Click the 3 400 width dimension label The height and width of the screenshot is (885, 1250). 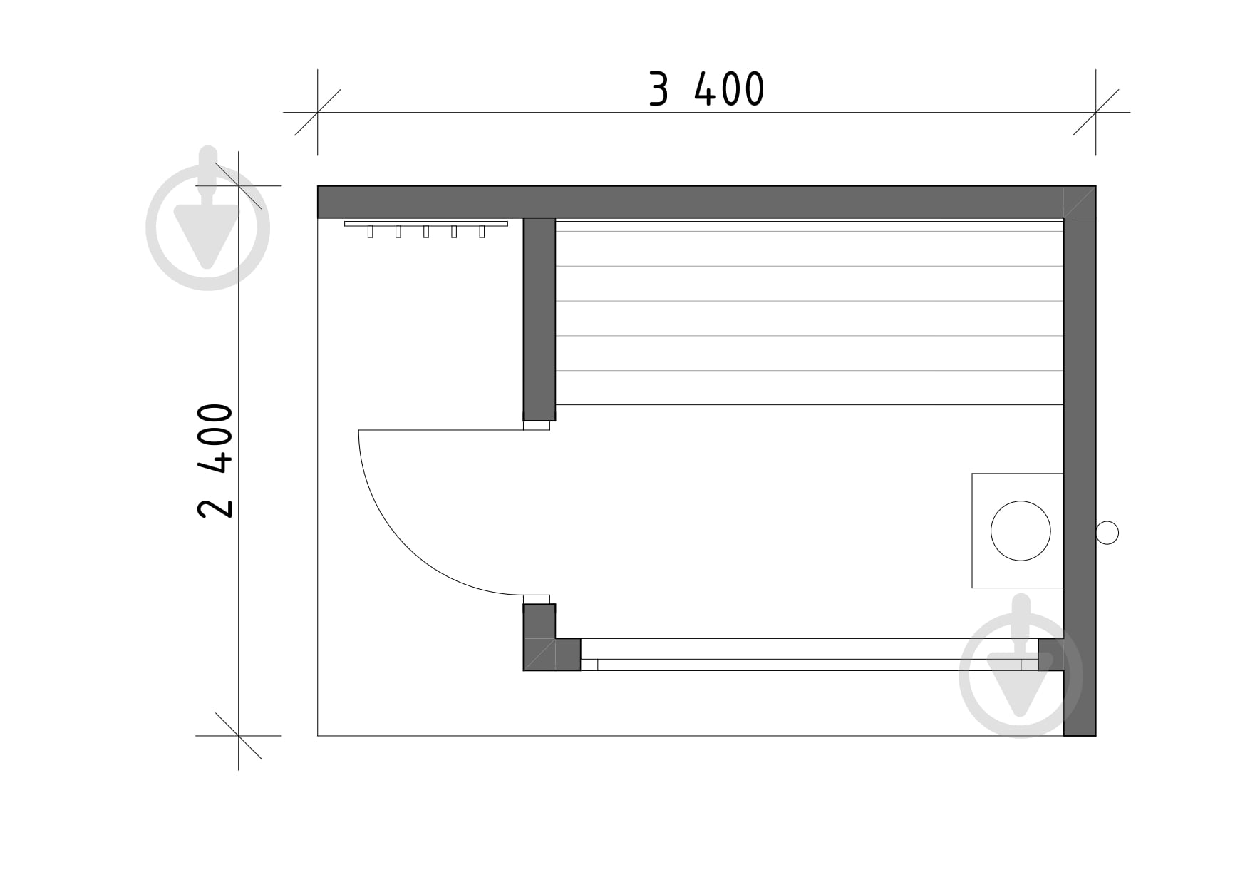pos(706,89)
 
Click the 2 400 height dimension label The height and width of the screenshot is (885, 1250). pos(215,461)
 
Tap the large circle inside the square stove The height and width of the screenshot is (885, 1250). pos(1021,531)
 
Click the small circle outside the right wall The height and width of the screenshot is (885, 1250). pos(1107,533)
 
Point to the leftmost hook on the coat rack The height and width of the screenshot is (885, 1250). pos(370,232)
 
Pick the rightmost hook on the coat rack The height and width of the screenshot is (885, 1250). pos(482,232)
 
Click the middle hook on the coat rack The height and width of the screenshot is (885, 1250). pos(426,232)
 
